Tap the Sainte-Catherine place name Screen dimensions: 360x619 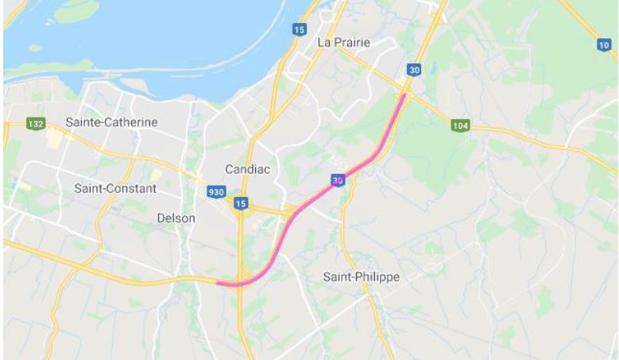(x=112, y=122)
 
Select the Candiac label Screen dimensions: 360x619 (x=249, y=169)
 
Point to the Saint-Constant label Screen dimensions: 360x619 (x=115, y=189)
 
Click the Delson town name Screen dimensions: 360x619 (x=176, y=217)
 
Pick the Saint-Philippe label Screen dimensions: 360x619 (x=362, y=277)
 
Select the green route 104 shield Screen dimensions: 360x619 (x=460, y=126)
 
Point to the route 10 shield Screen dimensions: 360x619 (x=603, y=45)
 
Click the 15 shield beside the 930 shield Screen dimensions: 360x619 (x=241, y=204)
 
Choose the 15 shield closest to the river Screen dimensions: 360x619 (x=298, y=29)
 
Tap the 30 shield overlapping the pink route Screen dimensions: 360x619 (x=339, y=180)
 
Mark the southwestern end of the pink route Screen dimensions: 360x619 (x=219, y=282)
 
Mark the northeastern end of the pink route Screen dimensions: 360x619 (x=405, y=95)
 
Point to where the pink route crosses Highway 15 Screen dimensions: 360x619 (x=241, y=283)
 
